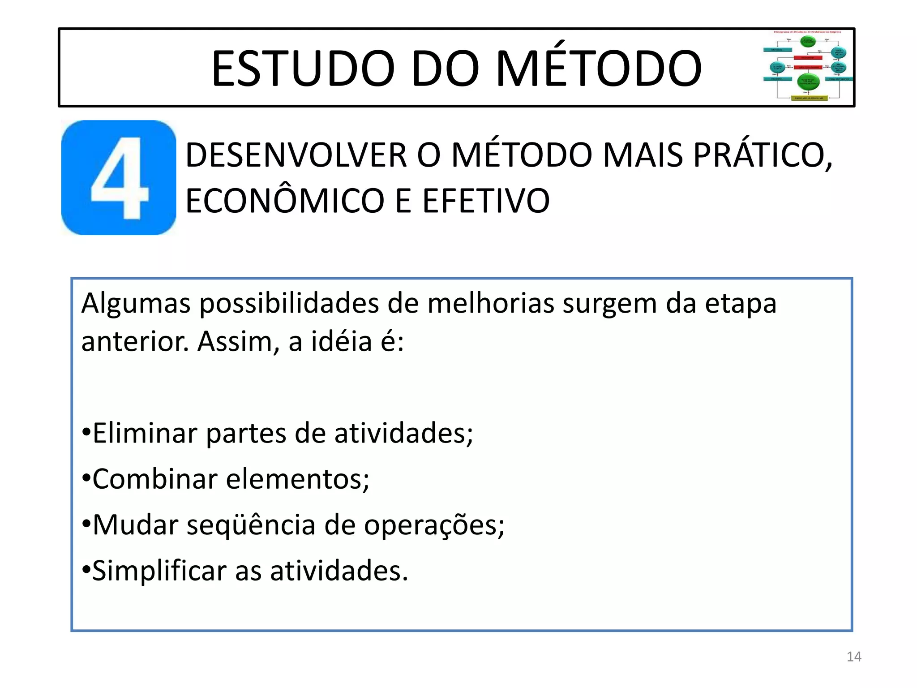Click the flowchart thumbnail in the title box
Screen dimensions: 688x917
(x=808, y=66)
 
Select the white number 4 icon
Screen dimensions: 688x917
(x=119, y=178)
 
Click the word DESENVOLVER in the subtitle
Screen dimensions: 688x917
(x=296, y=155)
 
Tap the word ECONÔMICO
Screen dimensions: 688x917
(x=285, y=201)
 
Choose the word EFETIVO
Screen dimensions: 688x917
(x=486, y=201)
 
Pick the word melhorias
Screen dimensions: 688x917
(x=491, y=303)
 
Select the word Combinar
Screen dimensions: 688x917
(x=155, y=479)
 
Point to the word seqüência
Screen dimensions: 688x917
(x=251, y=525)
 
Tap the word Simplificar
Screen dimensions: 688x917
(x=159, y=571)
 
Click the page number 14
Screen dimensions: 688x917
(x=854, y=657)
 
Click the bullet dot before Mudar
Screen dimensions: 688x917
(x=86, y=524)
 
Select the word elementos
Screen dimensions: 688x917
(x=298, y=479)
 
